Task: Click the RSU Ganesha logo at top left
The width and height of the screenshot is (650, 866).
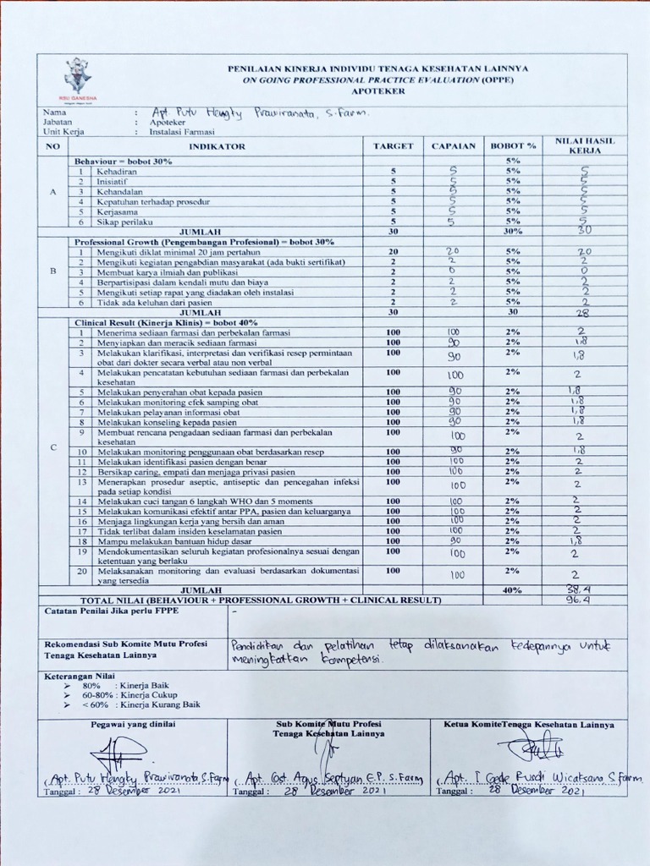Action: point(77,79)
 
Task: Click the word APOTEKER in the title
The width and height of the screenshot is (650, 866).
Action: point(377,90)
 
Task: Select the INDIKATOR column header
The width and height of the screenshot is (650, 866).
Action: point(217,146)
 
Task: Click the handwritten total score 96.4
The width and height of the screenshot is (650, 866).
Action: point(579,600)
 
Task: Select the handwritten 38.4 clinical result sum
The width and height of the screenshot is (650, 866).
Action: point(579,589)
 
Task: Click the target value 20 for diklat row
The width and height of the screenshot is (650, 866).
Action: point(393,252)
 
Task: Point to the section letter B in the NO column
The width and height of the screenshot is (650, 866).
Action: point(53,271)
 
